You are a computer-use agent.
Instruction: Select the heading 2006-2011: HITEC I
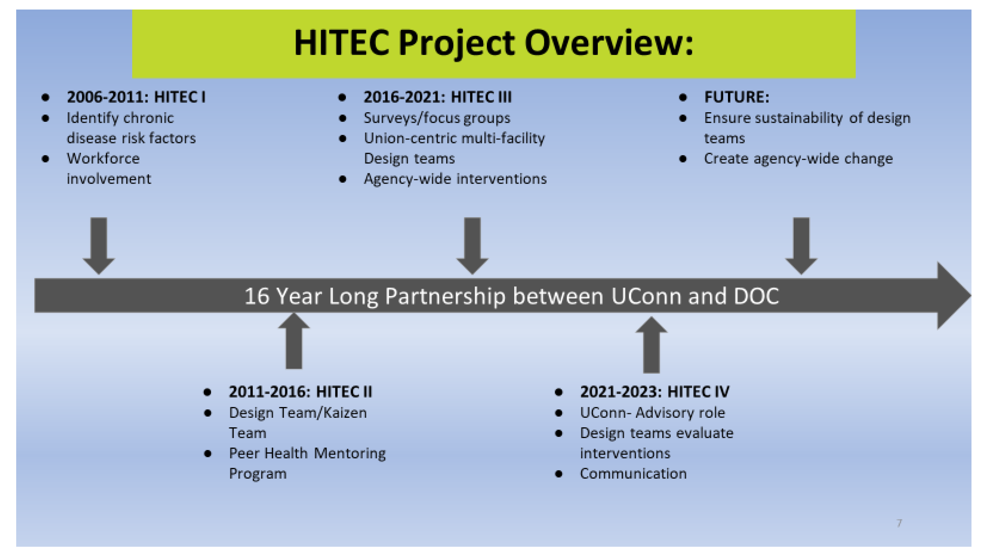click(137, 97)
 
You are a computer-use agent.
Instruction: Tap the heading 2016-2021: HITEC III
click(438, 97)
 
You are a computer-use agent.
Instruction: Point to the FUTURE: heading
click(737, 97)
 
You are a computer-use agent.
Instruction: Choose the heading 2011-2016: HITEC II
click(300, 391)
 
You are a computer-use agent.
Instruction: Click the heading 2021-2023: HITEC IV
click(655, 391)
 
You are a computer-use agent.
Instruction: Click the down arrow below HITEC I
click(99, 246)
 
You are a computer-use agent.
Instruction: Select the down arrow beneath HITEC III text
click(472, 246)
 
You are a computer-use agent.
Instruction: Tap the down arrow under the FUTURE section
click(801, 246)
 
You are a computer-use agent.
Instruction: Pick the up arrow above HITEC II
click(294, 341)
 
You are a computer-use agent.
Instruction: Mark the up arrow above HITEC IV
click(651, 345)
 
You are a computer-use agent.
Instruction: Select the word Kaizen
click(345, 413)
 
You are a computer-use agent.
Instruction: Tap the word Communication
click(633, 474)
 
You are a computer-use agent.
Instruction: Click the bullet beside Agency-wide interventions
click(342, 179)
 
